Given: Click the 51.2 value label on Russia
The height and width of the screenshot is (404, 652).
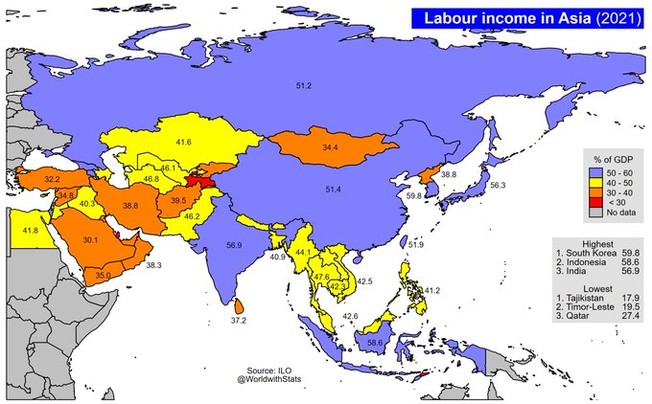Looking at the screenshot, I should point(304,86).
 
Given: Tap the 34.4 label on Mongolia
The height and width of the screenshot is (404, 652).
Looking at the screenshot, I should point(330,148).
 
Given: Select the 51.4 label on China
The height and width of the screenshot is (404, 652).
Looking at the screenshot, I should point(333,191).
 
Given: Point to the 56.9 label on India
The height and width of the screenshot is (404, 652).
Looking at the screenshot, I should point(233,245).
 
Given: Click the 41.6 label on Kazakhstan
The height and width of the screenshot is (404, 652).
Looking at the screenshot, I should point(183,142).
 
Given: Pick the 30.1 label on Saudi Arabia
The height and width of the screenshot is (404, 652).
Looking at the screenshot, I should point(91,239).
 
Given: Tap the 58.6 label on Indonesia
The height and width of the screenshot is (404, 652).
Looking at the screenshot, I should point(375,342).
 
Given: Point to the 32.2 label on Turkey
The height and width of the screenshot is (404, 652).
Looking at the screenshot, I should point(53,179).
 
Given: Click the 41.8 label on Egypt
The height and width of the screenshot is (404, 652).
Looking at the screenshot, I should point(30,230).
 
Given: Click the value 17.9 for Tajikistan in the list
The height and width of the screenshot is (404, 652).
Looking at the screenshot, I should point(630,297).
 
